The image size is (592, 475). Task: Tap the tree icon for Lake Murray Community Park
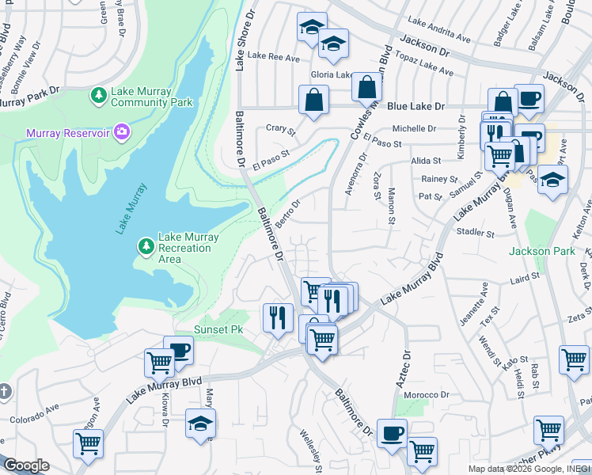99,97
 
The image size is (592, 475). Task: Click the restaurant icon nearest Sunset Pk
277,317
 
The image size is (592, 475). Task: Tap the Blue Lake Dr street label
416,106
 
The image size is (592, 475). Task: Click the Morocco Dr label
426,395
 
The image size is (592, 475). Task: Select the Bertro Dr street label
289,211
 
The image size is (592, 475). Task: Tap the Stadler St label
475,234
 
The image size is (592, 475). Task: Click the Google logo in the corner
26,465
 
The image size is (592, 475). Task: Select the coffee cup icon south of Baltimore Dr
392,433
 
